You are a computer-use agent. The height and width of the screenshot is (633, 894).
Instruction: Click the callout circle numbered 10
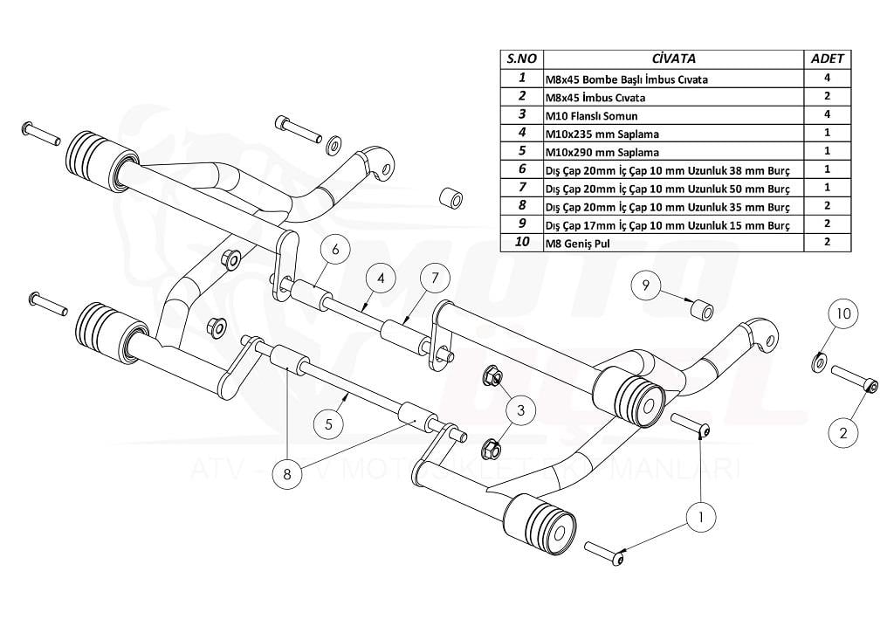click(843, 313)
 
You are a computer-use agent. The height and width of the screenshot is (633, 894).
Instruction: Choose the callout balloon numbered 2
click(843, 430)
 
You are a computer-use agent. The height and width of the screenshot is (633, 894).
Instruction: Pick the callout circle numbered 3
click(519, 408)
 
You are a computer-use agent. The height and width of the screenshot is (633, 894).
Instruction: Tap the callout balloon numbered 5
click(329, 423)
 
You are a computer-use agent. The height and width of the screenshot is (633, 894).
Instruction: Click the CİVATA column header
click(674, 58)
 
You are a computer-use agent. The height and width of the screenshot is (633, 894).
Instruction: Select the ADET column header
click(827, 58)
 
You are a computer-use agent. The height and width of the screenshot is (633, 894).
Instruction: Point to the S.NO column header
click(521, 58)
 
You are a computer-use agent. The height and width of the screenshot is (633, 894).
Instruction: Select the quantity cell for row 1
click(827, 79)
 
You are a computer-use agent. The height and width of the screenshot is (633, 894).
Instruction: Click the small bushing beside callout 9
click(699, 309)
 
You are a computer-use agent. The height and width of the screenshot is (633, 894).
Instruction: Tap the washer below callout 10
click(820, 359)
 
